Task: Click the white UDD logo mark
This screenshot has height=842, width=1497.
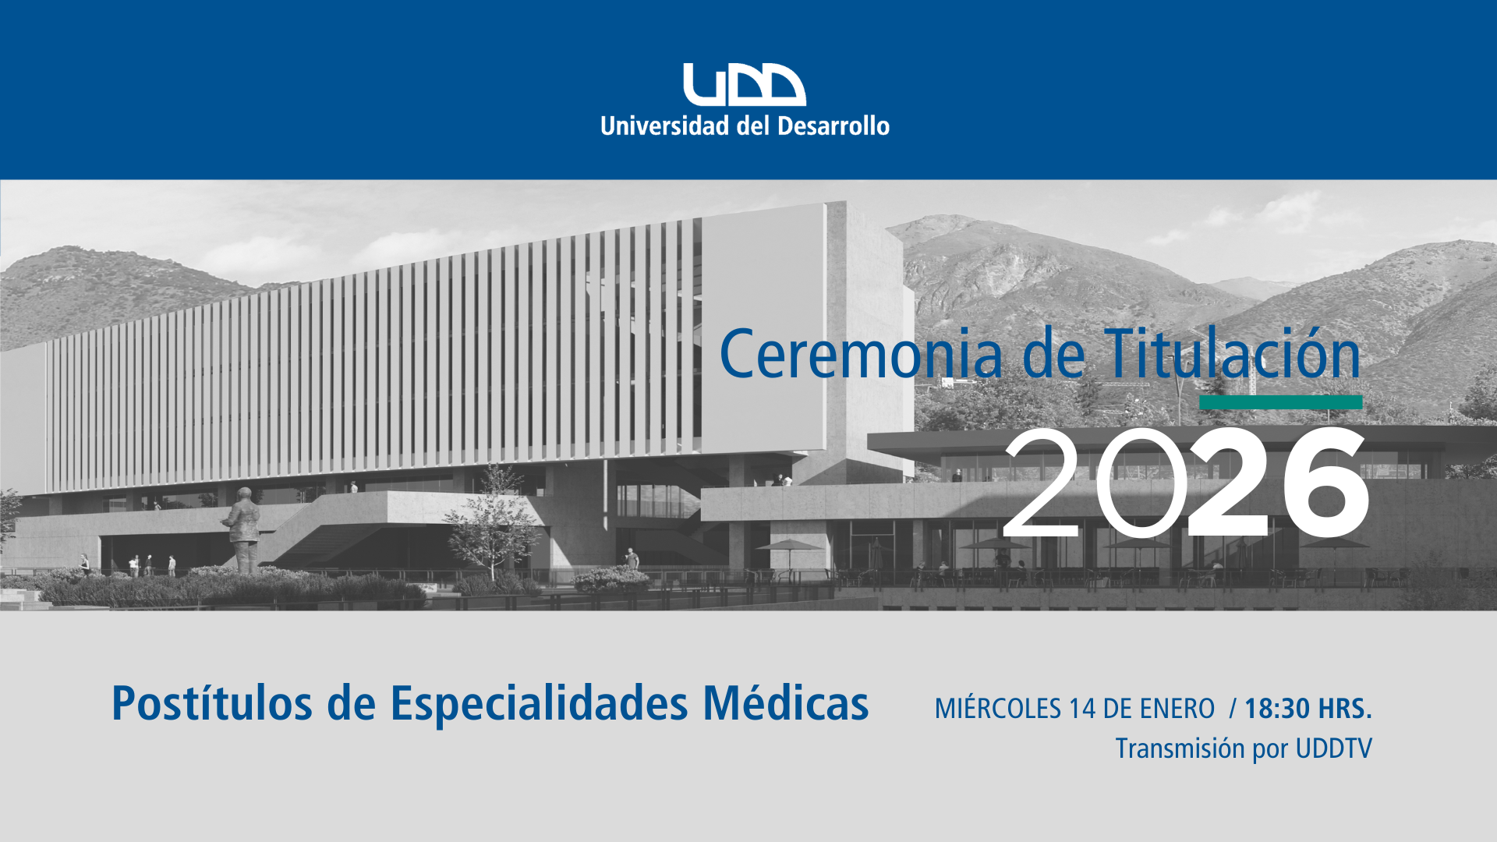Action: click(745, 84)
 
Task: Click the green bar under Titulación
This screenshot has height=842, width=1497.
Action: click(1281, 402)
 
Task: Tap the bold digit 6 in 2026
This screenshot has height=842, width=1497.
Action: click(1325, 482)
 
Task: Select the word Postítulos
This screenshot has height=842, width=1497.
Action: click(213, 703)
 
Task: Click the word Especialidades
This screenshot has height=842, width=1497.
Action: click(539, 703)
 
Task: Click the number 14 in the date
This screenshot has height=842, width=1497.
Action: click(1083, 709)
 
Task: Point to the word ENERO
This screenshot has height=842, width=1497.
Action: click(1177, 709)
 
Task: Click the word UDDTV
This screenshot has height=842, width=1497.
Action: click(1333, 748)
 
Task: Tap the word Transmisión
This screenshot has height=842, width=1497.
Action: click(1180, 748)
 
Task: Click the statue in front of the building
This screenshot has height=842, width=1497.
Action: click(244, 530)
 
